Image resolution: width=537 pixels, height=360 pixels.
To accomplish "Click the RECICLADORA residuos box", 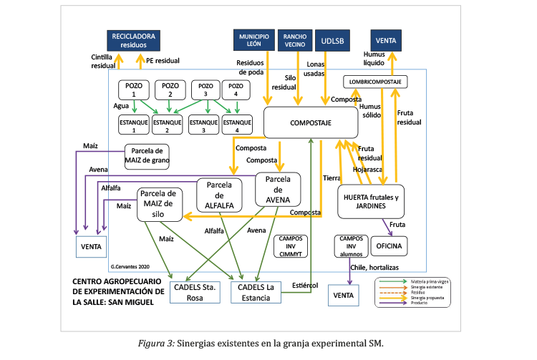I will click(x=132, y=40).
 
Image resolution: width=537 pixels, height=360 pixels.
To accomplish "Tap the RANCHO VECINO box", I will click(x=295, y=40).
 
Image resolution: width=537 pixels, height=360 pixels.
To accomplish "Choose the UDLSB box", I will click(x=333, y=40).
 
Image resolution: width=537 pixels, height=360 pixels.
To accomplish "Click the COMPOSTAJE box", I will click(x=309, y=122).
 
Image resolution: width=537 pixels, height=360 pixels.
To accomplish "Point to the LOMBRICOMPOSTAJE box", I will click(x=376, y=81).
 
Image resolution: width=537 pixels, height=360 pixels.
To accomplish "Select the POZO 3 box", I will click(x=206, y=89).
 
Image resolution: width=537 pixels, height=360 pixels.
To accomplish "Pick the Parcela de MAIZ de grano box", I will click(x=147, y=155).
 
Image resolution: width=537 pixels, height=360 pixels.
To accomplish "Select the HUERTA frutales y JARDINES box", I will click(x=370, y=201).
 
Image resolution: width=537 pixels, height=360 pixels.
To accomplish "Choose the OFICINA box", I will click(x=390, y=246).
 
